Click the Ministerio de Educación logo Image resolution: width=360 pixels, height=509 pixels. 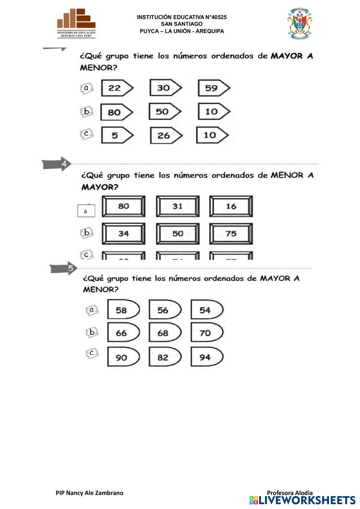(x=76, y=23)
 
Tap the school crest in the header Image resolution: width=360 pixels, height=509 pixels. (x=299, y=23)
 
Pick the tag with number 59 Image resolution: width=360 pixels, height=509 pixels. (x=213, y=88)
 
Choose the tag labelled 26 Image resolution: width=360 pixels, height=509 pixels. (x=165, y=135)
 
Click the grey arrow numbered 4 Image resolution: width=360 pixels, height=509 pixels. (x=57, y=164)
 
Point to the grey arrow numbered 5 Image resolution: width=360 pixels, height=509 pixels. (x=63, y=268)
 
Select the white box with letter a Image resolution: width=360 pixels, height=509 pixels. (x=86, y=211)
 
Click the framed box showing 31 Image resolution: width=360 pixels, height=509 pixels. (x=178, y=206)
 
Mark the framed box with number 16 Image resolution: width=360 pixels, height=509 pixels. (x=231, y=206)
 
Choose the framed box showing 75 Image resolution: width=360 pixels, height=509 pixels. (x=231, y=233)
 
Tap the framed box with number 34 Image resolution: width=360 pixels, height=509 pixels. (x=124, y=233)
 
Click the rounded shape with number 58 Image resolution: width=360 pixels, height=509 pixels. (x=123, y=310)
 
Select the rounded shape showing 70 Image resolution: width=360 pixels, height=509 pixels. (x=206, y=333)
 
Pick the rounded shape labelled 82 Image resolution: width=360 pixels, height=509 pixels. (x=165, y=357)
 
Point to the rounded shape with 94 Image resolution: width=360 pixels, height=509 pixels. (x=206, y=357)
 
